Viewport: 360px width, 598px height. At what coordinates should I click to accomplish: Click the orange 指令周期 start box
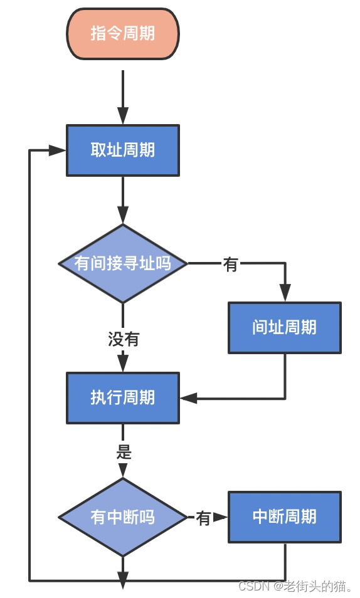pos(123,34)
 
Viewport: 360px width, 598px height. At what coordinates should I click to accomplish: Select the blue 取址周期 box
pos(123,150)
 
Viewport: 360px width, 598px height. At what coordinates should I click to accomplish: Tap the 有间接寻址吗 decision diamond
pos(123,263)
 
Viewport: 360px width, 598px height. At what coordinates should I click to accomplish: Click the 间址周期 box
pos(285,328)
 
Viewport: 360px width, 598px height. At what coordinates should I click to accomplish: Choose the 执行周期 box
pos(123,398)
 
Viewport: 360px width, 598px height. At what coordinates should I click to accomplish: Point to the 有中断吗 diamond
pos(123,517)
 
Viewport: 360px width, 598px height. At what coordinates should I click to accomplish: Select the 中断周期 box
pos(285,517)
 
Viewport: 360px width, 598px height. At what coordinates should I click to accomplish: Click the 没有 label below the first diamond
pos(124,340)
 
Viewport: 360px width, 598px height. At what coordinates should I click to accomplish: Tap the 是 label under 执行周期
pos(124,451)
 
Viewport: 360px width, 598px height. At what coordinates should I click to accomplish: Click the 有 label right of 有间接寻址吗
pos(230,265)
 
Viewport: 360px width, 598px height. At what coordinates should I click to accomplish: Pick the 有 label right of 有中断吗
pos(203,518)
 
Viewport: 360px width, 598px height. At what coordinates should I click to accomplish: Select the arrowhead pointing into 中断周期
pos(220,517)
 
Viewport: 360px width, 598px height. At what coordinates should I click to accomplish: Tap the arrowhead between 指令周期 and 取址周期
pos(123,115)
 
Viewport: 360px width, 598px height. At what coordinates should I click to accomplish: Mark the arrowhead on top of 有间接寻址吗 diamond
pos(123,216)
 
